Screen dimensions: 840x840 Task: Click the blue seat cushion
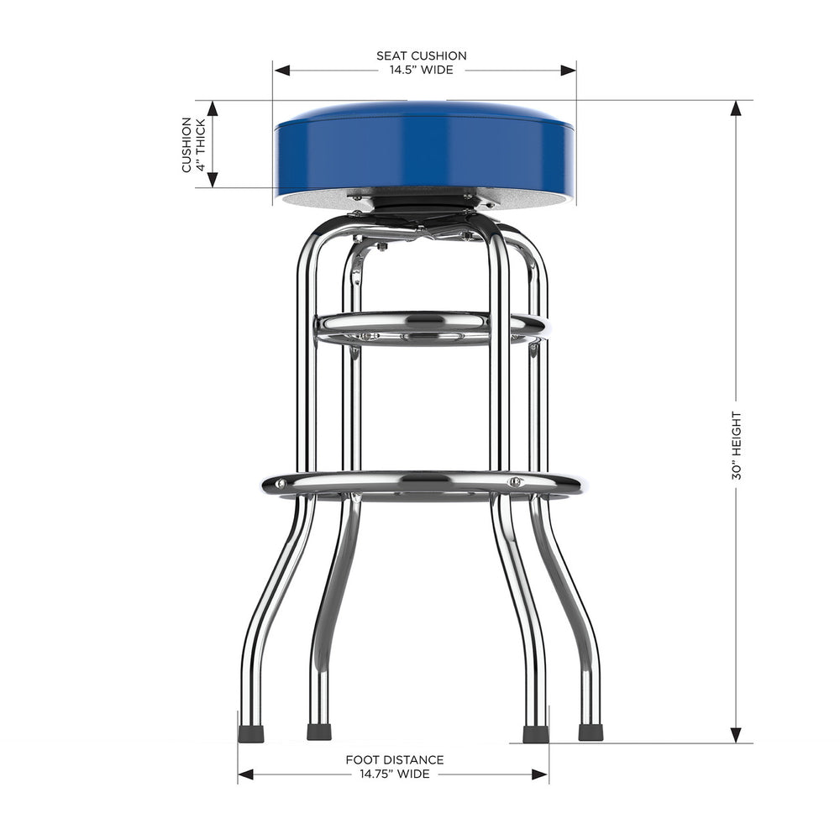pos(424,151)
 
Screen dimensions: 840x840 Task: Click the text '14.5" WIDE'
pos(421,71)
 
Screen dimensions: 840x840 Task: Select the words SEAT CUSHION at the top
pos(421,56)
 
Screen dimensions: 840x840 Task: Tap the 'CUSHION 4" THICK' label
pos(192,144)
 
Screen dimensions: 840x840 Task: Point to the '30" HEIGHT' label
pos(737,445)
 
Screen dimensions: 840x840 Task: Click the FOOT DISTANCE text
pos(395,759)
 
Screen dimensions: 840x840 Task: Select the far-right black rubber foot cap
pos(591,732)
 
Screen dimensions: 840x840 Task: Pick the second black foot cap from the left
pos(318,732)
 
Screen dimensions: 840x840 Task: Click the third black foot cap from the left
pos(534,734)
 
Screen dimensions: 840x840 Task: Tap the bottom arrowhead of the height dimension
pos(737,736)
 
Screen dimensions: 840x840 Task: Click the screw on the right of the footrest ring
pos(515,482)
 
